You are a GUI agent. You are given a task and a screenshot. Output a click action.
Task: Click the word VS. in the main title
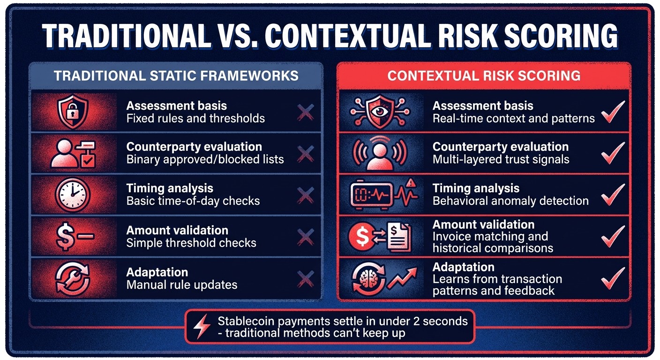click(x=242, y=36)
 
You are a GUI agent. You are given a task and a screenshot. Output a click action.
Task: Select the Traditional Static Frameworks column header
click(x=176, y=76)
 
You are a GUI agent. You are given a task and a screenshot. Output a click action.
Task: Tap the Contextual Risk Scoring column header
click(x=484, y=76)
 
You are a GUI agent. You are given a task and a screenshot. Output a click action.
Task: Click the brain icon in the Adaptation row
click(x=366, y=279)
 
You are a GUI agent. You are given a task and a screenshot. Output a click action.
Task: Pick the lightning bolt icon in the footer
click(x=202, y=327)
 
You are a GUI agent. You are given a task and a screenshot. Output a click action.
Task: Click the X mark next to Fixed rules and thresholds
click(x=306, y=112)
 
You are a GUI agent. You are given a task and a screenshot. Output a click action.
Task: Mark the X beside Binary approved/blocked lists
click(x=306, y=153)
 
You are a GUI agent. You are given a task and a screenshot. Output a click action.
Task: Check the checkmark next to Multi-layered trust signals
click(x=613, y=153)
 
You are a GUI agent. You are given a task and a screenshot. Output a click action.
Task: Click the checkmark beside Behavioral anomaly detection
click(x=613, y=195)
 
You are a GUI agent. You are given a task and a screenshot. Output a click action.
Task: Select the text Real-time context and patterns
click(x=513, y=119)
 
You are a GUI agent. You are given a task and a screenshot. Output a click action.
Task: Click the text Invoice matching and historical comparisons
click(x=492, y=242)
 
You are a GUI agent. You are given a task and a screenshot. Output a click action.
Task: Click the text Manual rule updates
click(x=182, y=285)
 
